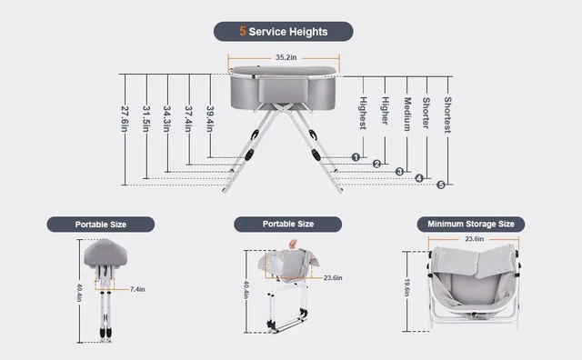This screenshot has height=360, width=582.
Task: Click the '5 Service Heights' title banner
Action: tap(283, 31)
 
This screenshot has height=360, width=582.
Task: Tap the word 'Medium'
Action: tap(407, 115)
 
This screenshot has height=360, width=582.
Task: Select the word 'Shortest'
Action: tap(447, 115)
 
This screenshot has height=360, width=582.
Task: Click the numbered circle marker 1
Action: tap(356, 156)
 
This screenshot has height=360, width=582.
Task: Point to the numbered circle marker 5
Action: tap(441, 185)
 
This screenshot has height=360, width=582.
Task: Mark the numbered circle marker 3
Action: tap(399, 171)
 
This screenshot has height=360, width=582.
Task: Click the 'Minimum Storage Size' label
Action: tap(470, 224)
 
